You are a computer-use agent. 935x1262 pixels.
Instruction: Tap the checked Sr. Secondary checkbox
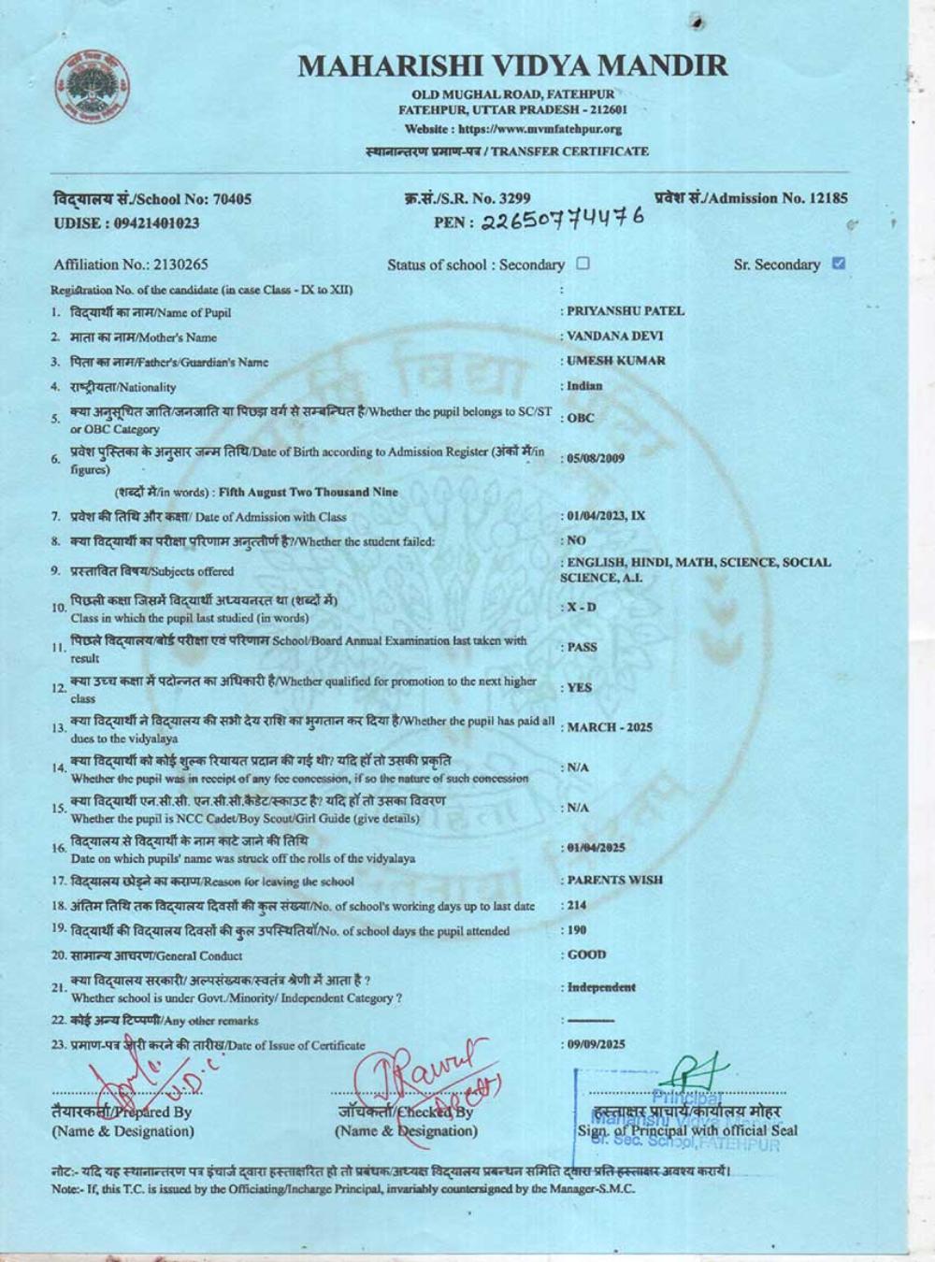838,263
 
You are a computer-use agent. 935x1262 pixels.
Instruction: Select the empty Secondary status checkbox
583,264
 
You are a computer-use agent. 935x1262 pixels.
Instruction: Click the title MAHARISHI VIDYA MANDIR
512,66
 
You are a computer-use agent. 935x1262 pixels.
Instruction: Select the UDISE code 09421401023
155,222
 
